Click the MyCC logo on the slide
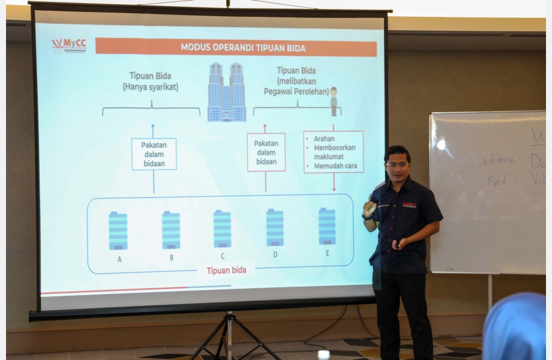[x=69, y=46]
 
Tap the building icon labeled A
[x=118, y=230]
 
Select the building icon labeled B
[x=171, y=230]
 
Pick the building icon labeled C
[x=222, y=229]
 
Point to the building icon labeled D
[x=275, y=227]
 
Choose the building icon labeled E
[x=327, y=226]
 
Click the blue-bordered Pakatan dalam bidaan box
[x=154, y=154]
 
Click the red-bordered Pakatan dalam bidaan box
[x=266, y=152]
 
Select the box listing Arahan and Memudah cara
[x=334, y=152]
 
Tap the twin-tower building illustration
[x=227, y=92]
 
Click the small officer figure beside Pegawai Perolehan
[x=334, y=101]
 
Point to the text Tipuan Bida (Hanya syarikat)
[x=151, y=82]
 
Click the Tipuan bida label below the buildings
[x=226, y=271]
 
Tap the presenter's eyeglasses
[x=397, y=164]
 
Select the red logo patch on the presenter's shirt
[x=409, y=205]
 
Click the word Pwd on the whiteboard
[x=496, y=180]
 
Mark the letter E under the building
[x=328, y=253]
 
